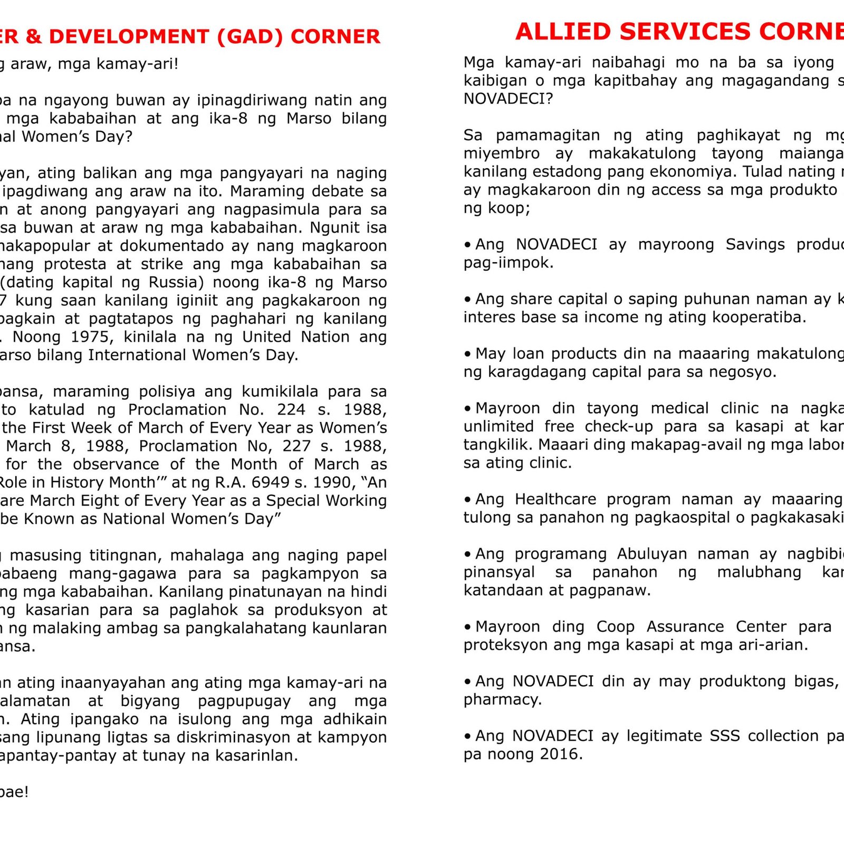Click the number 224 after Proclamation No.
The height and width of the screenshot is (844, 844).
click(x=291, y=409)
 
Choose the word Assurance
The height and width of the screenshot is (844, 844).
click(x=685, y=627)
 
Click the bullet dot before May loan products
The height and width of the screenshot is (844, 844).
click(x=467, y=354)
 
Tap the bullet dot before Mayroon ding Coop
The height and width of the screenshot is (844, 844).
click(x=467, y=627)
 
